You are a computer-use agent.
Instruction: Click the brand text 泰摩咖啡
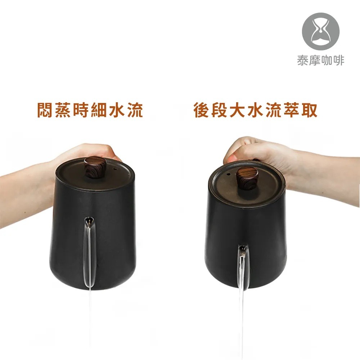pos(321,60)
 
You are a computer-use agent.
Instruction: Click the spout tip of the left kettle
pos(89,219)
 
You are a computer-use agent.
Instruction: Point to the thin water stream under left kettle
pos(90,317)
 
